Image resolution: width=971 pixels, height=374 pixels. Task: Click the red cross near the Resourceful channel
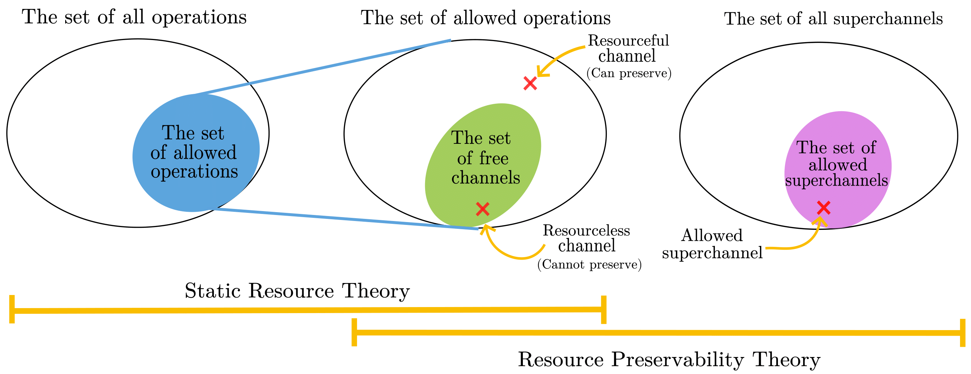coord(530,83)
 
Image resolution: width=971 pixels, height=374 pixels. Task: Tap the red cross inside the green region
coord(482,209)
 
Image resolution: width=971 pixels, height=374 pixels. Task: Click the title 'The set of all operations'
coord(134,17)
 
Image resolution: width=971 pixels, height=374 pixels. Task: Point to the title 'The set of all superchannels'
coord(833,19)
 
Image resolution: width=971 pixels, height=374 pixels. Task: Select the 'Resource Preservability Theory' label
coord(669,359)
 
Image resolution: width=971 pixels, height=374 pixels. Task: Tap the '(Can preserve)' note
coord(629,73)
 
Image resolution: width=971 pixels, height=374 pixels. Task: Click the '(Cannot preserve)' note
coord(589,265)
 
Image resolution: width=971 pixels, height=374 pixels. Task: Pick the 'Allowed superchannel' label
coord(712,244)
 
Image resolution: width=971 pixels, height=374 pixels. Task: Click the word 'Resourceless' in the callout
coord(586,230)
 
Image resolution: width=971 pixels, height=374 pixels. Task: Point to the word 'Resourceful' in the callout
coord(628,41)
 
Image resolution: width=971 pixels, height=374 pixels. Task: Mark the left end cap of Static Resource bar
coord(12,309)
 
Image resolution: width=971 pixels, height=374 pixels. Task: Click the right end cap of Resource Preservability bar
coord(963,333)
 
